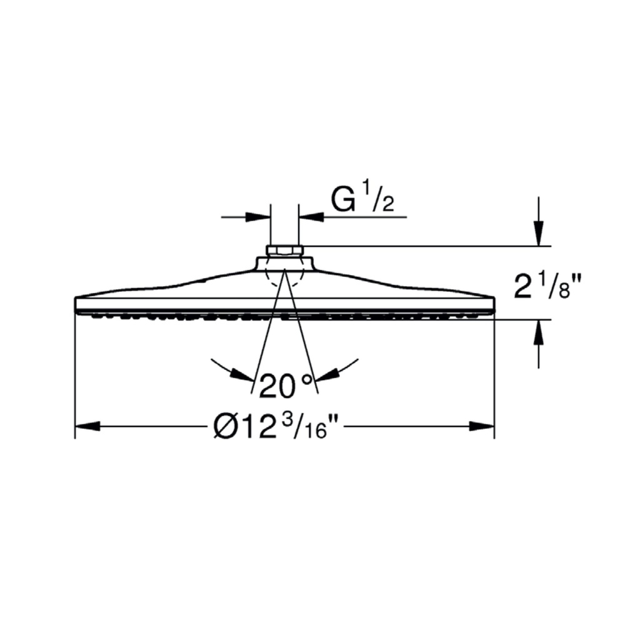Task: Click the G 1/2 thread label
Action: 362,199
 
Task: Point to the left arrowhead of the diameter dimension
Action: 87,426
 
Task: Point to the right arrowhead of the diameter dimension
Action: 482,426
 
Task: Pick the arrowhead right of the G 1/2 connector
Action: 311,217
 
